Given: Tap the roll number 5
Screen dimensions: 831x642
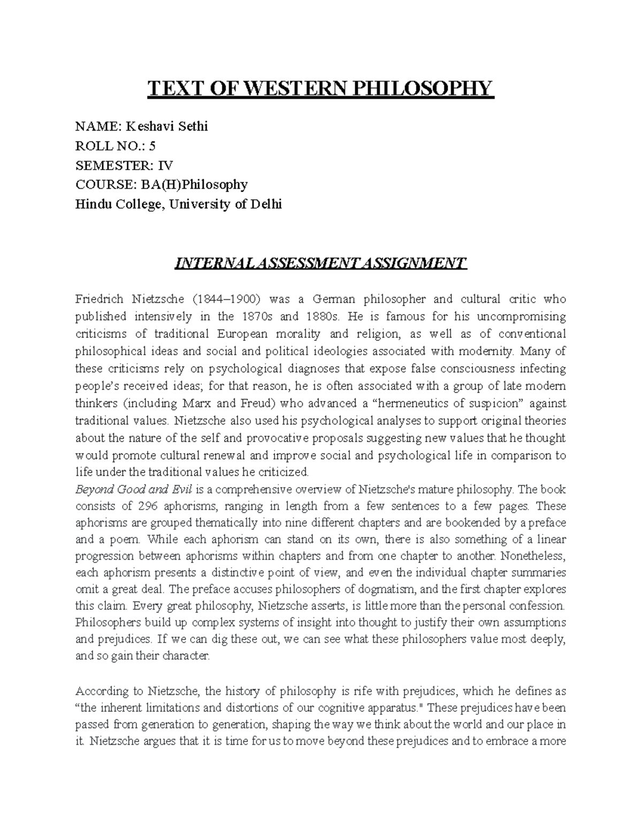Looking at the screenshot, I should click(152, 146).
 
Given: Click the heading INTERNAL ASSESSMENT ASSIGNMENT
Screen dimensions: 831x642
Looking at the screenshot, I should click(320, 263).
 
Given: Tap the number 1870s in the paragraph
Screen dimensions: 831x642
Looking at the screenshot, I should click(256, 316).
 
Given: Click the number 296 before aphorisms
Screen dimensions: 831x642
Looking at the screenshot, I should click(148, 506).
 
